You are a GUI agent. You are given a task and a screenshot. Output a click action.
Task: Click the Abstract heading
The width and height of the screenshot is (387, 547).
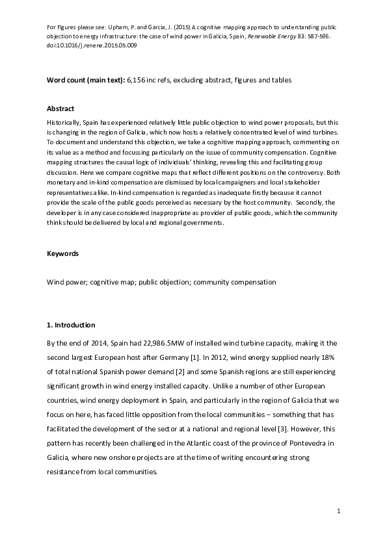60,108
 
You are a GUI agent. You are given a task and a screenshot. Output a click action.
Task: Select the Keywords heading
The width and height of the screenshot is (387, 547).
62,253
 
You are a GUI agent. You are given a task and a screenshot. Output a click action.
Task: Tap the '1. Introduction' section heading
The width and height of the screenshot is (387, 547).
71,325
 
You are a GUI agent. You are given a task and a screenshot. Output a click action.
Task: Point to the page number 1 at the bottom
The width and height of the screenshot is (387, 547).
339,513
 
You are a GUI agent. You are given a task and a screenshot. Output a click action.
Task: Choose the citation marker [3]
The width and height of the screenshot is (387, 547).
315,428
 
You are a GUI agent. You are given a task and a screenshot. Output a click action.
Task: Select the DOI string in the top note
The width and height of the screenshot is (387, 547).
92,46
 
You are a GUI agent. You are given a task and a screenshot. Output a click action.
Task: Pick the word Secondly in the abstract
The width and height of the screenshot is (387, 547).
304,202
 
